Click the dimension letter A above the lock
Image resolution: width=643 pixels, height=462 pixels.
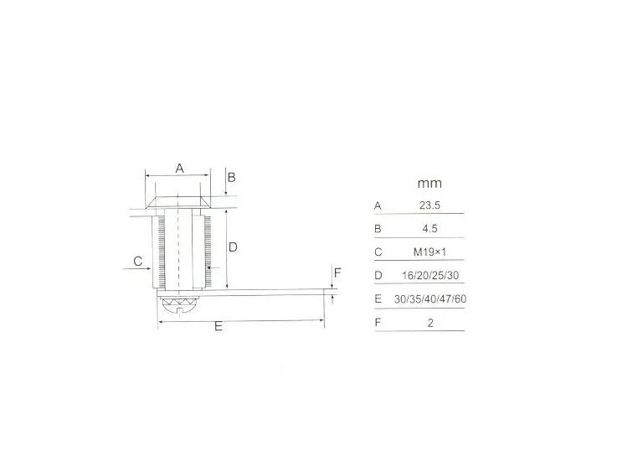click(180, 169)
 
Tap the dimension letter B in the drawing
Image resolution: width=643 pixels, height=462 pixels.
click(231, 178)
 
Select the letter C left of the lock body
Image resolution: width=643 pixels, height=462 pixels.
click(138, 261)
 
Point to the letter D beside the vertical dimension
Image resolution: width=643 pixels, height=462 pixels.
click(233, 247)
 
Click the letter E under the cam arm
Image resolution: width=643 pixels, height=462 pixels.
click(219, 326)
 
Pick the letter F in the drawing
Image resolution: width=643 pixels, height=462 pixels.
click(337, 273)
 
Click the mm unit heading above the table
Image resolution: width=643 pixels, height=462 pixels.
click(430, 183)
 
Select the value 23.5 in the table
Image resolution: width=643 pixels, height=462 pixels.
click(430, 205)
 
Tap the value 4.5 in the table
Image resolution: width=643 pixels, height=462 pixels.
click(430, 229)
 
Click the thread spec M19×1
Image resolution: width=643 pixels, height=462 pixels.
click(430, 252)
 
